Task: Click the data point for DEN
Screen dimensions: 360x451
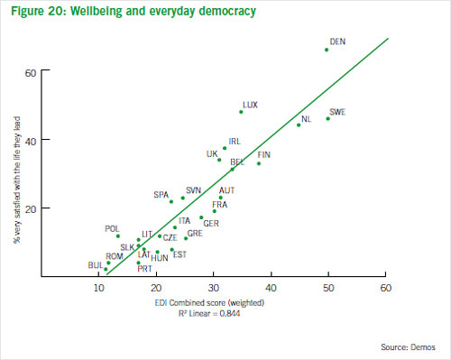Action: [x=327, y=50]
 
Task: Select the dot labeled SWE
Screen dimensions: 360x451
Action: [x=327, y=118]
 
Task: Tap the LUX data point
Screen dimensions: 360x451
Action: [x=241, y=112]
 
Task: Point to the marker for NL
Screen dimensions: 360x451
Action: [x=299, y=125]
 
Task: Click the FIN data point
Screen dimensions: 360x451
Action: [x=259, y=163]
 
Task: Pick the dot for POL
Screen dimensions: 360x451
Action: [x=118, y=236]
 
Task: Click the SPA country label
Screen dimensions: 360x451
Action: [x=161, y=195]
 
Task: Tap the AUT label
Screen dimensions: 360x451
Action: [x=226, y=190]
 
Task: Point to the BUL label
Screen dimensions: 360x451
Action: [x=95, y=265]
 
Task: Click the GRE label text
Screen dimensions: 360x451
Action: [x=195, y=234]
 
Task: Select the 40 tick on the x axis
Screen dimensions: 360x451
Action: [x=271, y=289]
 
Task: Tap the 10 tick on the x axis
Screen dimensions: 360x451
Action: [x=98, y=289]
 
